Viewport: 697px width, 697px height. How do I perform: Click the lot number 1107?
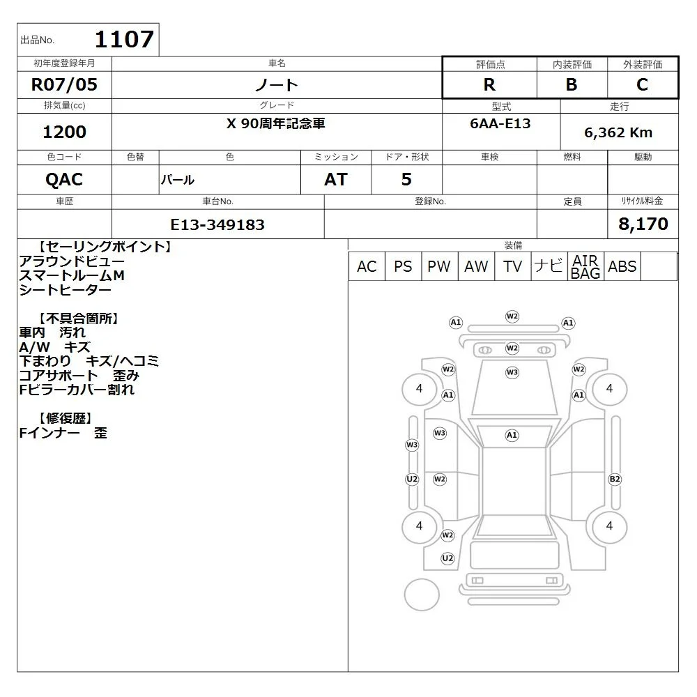[125, 39]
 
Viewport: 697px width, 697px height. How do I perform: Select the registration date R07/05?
[64, 84]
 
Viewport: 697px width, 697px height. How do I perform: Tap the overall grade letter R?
[489, 84]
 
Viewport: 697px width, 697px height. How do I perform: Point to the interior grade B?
[572, 84]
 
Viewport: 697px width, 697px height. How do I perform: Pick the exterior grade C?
[642, 84]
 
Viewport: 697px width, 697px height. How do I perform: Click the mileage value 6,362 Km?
[618, 132]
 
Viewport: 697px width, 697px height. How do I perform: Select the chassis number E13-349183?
[217, 224]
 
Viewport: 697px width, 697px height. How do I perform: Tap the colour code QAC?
[64, 180]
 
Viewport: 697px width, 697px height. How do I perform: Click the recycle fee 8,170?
[643, 224]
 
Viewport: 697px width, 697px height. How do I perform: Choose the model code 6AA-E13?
[500, 123]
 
